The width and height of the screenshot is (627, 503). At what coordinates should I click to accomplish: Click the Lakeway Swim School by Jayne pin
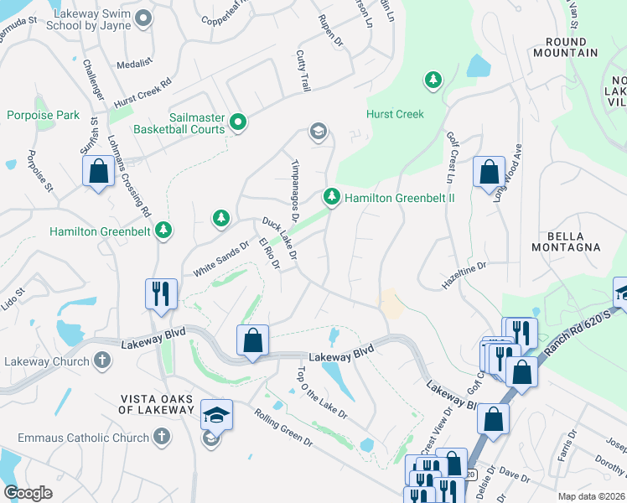pyautogui.click(x=142, y=17)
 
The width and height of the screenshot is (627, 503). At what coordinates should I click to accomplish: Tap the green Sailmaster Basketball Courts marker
pyautogui.click(x=238, y=123)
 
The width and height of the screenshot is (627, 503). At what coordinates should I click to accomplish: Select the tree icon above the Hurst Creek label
pyautogui.click(x=433, y=80)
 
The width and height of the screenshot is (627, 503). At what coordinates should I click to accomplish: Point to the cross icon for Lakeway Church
pyautogui.click(x=101, y=361)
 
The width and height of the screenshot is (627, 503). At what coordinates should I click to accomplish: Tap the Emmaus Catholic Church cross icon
pyautogui.click(x=162, y=437)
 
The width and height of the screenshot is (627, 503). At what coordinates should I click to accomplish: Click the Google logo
pyautogui.click(x=28, y=493)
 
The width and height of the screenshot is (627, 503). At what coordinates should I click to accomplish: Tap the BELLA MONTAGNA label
pyautogui.click(x=566, y=241)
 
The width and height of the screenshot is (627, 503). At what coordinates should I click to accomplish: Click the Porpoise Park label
pyautogui.click(x=43, y=114)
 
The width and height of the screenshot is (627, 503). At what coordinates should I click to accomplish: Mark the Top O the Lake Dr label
pyautogui.click(x=321, y=392)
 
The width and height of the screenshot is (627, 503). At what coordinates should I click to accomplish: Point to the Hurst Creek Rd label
pyautogui.click(x=143, y=89)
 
